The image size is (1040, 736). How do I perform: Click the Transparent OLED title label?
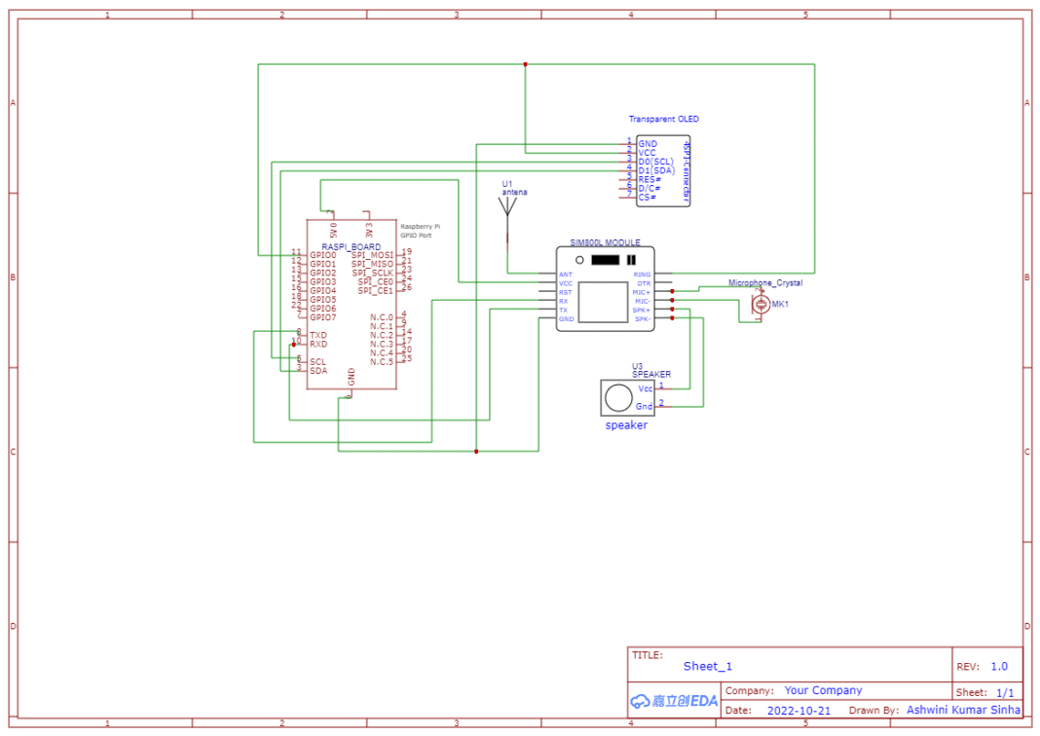click(663, 119)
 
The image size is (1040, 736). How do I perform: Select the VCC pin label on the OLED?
click(648, 153)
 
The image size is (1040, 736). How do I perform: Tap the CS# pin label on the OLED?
click(647, 197)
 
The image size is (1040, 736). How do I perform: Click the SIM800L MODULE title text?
click(605, 241)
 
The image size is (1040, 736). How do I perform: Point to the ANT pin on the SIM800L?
click(566, 275)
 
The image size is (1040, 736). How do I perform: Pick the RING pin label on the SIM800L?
click(642, 275)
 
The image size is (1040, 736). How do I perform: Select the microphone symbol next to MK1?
click(761, 305)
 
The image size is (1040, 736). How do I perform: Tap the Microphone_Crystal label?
click(765, 283)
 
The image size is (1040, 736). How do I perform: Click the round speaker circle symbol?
click(617, 397)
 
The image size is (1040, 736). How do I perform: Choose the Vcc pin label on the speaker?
click(645, 388)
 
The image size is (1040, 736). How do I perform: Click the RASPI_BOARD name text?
click(352, 247)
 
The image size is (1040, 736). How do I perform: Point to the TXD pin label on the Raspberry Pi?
click(318, 335)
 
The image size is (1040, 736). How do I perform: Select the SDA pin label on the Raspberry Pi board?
click(318, 371)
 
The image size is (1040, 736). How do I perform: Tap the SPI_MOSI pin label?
click(372, 255)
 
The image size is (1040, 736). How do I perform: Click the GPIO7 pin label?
click(322, 317)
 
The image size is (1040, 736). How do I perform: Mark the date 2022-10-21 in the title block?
click(799, 711)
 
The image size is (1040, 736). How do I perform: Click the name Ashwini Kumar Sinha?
click(964, 711)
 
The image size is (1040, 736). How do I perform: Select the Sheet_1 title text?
click(707, 667)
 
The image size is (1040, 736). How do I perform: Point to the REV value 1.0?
click(999, 667)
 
